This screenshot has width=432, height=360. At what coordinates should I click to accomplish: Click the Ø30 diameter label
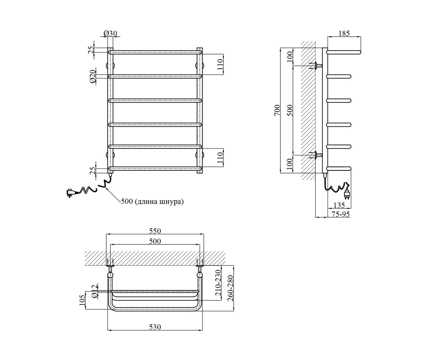[110, 33]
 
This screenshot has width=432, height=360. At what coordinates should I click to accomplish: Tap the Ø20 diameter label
[93, 76]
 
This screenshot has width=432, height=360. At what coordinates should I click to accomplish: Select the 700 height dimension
[277, 110]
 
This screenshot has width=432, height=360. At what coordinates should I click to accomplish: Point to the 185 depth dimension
[344, 33]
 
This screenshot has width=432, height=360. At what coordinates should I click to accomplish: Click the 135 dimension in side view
[339, 205]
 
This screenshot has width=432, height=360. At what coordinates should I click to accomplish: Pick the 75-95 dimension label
[341, 214]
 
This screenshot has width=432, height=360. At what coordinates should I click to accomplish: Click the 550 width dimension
[155, 231]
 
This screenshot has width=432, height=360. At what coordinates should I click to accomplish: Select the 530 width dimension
[155, 327]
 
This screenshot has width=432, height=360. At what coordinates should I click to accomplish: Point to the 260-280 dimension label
[230, 288]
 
